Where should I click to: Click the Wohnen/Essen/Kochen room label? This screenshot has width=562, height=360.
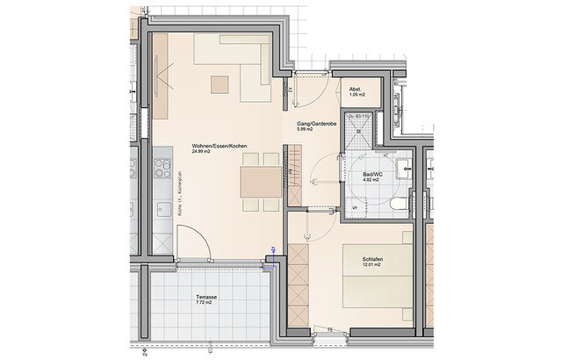[220, 145]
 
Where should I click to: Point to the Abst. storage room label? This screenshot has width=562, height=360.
[356, 90]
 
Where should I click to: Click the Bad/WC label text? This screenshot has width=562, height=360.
[371, 176]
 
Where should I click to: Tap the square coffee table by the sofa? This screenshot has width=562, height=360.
[219, 84]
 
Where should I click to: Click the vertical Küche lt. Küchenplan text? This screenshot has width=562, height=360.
[179, 194]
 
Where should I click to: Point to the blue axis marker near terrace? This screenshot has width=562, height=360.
[273, 251]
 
